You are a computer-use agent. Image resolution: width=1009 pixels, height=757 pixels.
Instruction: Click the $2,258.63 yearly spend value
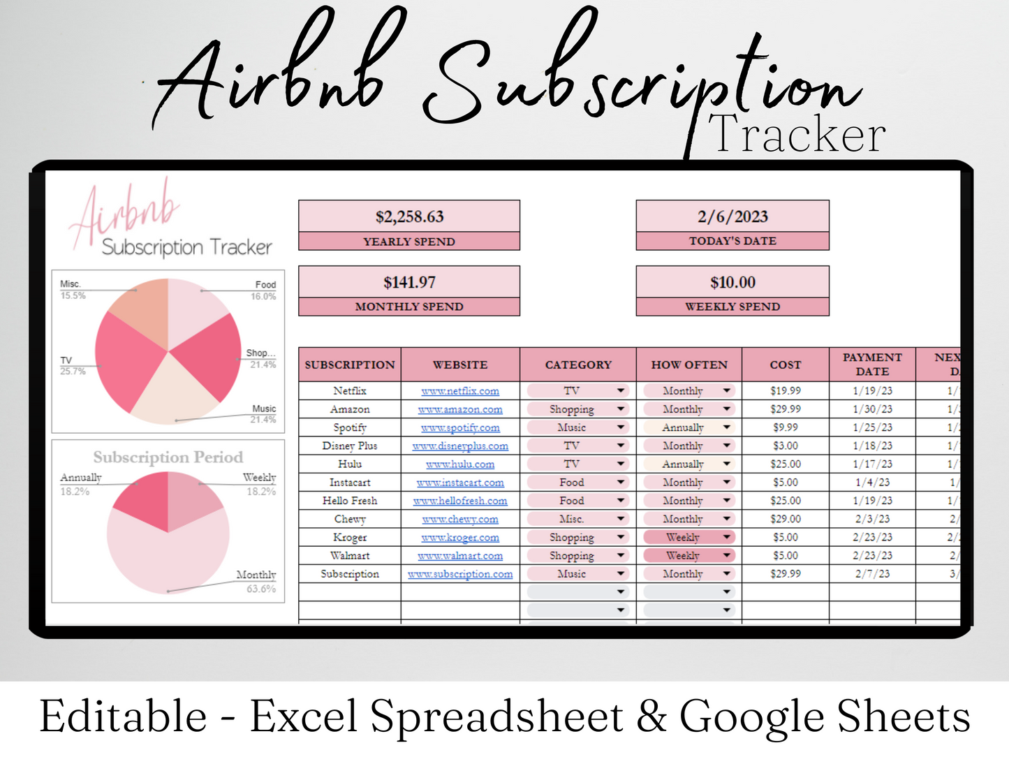[409, 216]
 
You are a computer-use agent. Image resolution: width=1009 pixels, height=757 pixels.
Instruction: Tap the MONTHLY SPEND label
[409, 307]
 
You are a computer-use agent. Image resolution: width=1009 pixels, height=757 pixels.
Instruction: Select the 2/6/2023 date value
[732, 216]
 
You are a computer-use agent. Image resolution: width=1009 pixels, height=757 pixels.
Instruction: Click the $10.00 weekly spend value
[732, 282]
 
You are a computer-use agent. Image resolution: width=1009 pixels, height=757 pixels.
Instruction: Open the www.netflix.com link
[460, 391]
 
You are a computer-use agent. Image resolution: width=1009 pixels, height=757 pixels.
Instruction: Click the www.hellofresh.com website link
[460, 501]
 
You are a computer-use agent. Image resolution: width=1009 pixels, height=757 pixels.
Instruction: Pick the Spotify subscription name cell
[350, 427]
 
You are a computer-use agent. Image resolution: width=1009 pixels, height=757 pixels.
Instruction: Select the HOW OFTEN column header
[689, 365]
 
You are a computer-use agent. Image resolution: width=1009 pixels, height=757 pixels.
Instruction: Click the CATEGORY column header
[578, 365]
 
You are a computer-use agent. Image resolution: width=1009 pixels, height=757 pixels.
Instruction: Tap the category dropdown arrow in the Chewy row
[621, 519]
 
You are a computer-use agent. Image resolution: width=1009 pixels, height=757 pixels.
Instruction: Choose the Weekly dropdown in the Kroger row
[688, 537]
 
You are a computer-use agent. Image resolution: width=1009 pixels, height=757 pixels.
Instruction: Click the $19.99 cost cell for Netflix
[786, 391]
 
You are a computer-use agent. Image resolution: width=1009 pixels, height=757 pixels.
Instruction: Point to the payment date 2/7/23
[872, 573]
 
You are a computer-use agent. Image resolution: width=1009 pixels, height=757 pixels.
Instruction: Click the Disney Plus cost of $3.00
[786, 446]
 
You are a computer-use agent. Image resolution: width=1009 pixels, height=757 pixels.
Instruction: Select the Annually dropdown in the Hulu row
[688, 464]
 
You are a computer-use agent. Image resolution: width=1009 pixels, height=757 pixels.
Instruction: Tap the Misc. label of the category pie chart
[71, 284]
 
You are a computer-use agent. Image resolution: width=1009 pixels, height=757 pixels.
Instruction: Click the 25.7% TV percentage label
[73, 371]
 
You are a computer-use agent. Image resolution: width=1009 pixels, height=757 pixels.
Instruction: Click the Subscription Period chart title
[168, 457]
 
